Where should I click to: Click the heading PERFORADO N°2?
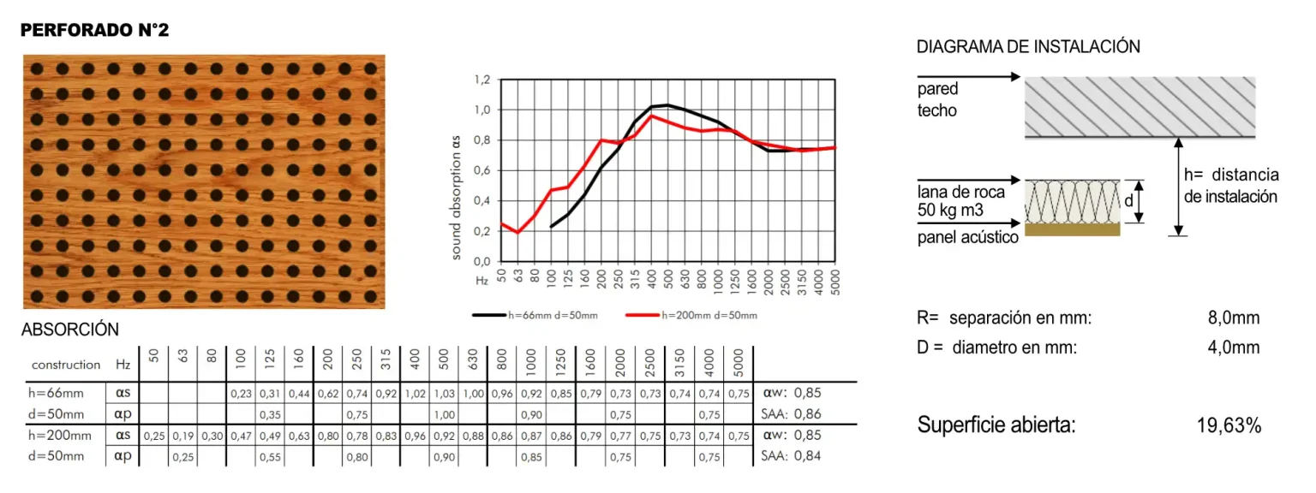click(95, 31)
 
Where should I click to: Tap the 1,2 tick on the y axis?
click(482, 80)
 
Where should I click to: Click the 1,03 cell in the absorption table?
click(443, 394)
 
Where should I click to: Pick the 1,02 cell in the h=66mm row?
click(415, 394)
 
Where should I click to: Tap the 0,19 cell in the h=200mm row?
click(182, 436)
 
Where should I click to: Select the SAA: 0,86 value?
click(790, 414)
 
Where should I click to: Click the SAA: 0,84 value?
click(790, 456)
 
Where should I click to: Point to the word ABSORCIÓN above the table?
click(70, 330)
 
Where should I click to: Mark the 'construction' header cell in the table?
click(66, 365)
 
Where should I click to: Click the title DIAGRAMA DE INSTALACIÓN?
click(1028, 47)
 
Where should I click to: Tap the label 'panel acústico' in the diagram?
click(967, 238)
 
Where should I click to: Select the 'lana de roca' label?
click(960, 192)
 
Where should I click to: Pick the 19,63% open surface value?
click(1229, 426)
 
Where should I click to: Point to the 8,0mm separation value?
click(1234, 318)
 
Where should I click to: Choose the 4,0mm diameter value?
click(1234, 348)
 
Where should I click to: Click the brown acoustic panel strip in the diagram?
click(1073, 229)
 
